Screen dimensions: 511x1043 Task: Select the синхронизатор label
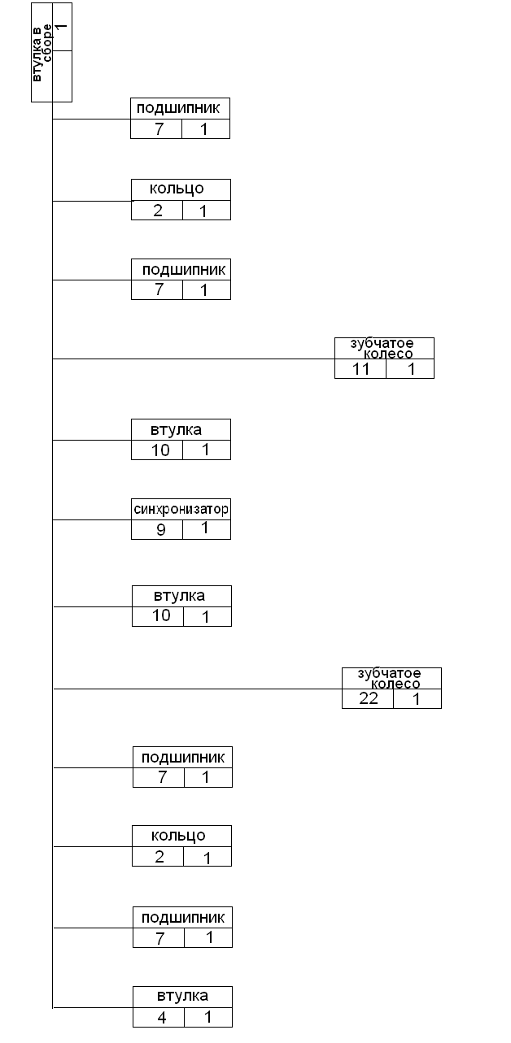point(181,509)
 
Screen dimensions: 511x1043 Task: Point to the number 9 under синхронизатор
point(160,529)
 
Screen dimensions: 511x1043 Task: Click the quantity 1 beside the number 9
point(205,528)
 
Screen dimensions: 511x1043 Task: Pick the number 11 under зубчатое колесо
point(361,368)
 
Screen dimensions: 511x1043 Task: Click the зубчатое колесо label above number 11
point(383,348)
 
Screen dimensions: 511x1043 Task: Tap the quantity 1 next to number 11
point(411,368)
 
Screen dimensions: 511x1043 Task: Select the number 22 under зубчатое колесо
point(369,698)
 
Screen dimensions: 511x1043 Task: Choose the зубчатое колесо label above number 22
point(390,678)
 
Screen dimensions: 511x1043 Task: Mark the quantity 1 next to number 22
point(417,698)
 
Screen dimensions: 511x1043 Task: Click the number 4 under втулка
point(162,1017)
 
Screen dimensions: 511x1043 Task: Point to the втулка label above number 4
point(182,996)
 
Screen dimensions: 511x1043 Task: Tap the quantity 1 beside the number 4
point(207,1017)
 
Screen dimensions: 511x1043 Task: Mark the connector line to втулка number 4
point(93,1007)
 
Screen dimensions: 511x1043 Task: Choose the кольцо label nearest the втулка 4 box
point(179,836)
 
